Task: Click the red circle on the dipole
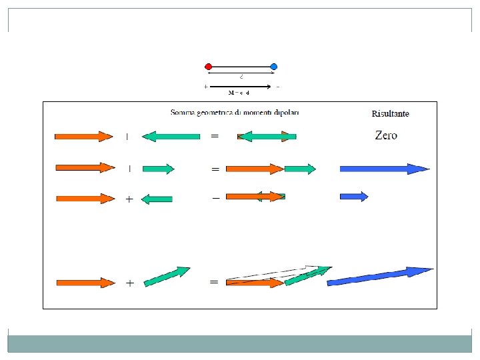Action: (209, 67)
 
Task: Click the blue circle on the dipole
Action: (274, 67)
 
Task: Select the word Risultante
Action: (390, 113)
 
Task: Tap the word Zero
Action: (386, 135)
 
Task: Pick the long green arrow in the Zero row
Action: (171, 137)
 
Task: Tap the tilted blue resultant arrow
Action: (380, 277)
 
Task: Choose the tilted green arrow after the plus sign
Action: (167, 277)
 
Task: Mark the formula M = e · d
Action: (239, 92)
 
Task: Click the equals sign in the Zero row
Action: (215, 136)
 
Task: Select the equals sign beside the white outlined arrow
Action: (214, 282)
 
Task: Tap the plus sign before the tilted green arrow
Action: (129, 283)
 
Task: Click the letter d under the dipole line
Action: (241, 76)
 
